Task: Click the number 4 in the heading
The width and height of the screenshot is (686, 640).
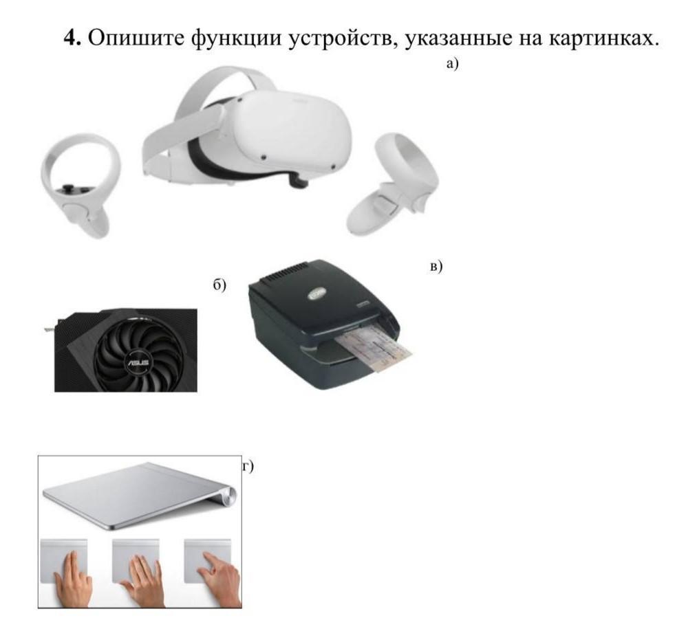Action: pyautogui.click(x=72, y=38)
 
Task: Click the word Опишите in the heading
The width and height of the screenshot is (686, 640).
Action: pyautogui.click(x=136, y=38)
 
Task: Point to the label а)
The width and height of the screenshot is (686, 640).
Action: pyautogui.click(x=452, y=64)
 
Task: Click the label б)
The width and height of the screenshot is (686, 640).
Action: pyautogui.click(x=219, y=285)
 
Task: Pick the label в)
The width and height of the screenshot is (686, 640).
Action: pyautogui.click(x=436, y=266)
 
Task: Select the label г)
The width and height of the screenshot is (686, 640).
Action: pyautogui.click(x=248, y=467)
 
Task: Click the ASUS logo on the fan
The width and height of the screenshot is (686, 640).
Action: pyautogui.click(x=138, y=362)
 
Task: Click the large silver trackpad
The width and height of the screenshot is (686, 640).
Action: pyautogui.click(x=140, y=496)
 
